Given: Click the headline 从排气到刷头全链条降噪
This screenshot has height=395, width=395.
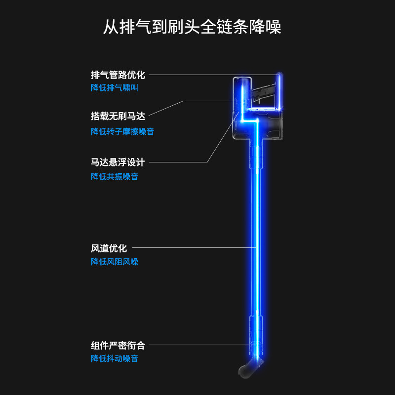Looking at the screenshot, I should [x=192, y=27].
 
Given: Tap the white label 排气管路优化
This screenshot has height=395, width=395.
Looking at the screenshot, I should [x=118, y=75].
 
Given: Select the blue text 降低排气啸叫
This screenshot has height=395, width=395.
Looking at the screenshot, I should [x=115, y=88].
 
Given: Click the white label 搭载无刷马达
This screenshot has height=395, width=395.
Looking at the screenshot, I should [x=118, y=117].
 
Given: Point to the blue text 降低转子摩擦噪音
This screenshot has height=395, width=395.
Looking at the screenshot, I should [x=122, y=132].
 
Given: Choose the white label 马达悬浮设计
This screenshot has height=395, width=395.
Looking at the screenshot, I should [x=118, y=162].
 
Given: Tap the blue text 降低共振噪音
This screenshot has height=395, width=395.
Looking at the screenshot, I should [x=115, y=177].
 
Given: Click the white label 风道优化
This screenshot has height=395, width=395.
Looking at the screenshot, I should [x=109, y=248].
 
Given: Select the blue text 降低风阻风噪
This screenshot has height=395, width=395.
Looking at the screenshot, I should [x=115, y=262].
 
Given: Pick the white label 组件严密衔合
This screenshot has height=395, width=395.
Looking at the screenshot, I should [x=118, y=346].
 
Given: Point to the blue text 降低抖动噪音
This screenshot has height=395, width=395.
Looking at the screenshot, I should [x=115, y=359].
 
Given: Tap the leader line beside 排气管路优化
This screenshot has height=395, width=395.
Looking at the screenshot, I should [x=212, y=75].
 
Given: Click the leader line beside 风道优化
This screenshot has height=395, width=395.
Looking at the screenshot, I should [x=193, y=247].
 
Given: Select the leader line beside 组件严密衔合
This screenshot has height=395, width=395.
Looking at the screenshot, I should [x=197, y=345].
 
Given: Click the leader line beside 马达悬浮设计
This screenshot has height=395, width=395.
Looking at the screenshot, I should [x=178, y=162].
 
